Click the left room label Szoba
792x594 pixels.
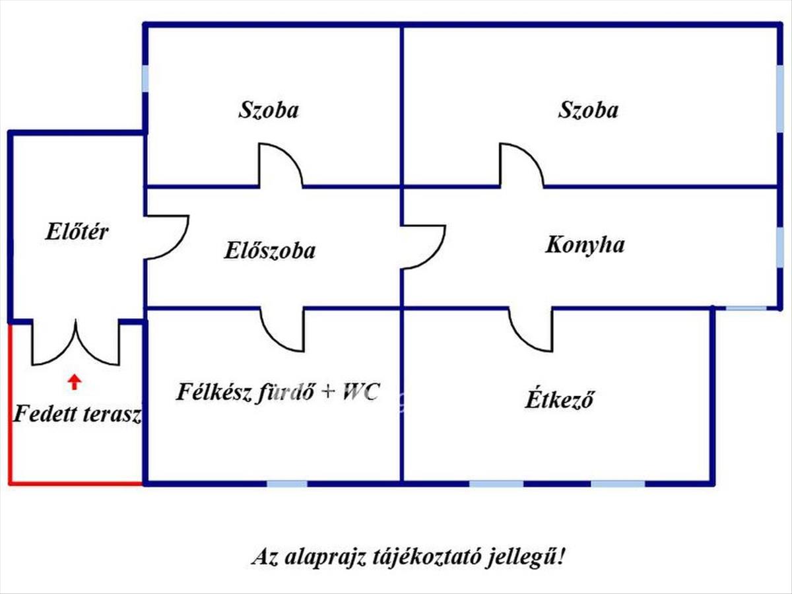point(268,110)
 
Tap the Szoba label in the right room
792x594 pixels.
point(588,110)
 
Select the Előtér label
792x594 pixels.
point(77,232)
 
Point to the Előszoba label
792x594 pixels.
point(269,251)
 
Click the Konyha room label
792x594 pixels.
point(585,245)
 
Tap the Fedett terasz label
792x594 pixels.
point(78,414)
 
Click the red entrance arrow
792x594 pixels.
point(75,381)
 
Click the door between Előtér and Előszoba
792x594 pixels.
point(167,236)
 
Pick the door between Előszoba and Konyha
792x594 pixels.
point(424,247)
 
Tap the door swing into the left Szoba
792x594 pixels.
point(280,166)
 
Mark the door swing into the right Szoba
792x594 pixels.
point(521,166)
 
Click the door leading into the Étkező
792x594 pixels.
point(531,330)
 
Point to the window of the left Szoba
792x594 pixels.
point(145,79)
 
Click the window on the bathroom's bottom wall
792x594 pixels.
point(287,484)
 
